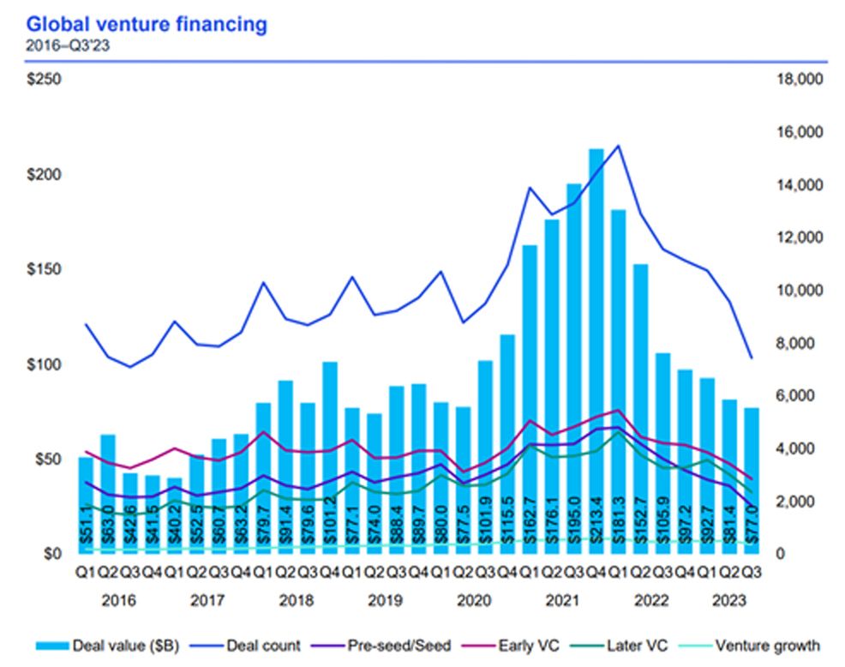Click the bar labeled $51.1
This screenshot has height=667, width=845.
click(86, 506)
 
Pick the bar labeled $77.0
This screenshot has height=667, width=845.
click(752, 480)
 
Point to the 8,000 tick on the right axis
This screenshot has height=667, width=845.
click(797, 343)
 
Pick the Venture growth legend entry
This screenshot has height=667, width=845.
click(766, 646)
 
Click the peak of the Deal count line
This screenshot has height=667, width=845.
click(619, 145)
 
